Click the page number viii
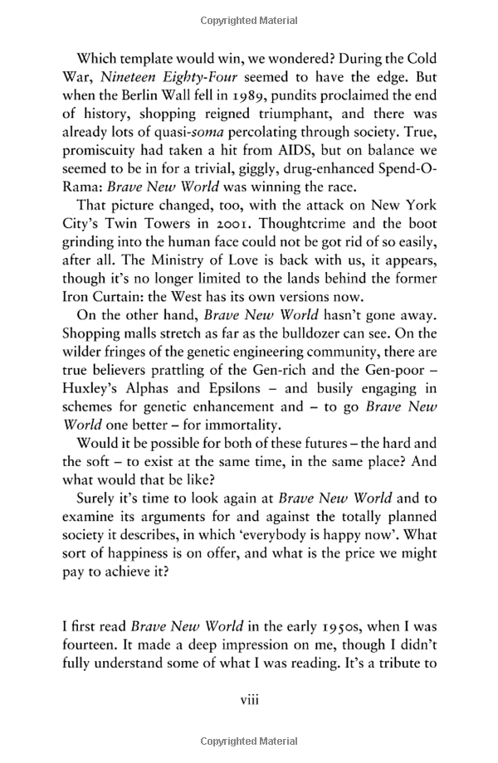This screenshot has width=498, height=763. tap(250, 724)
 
